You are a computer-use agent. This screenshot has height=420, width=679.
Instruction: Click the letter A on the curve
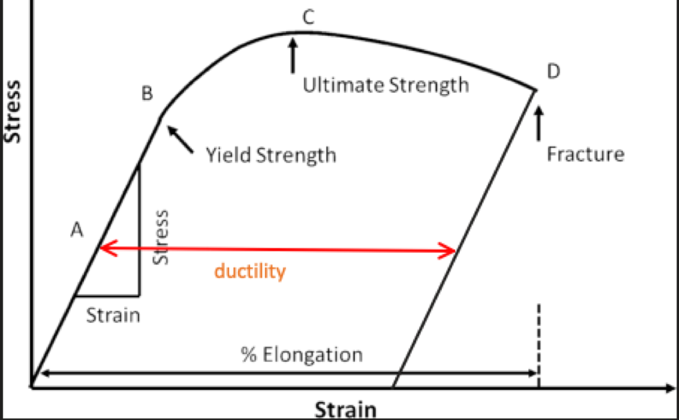tap(78, 230)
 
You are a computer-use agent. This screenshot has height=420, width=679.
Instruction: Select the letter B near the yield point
tap(147, 93)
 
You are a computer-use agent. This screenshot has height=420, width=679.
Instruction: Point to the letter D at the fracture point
tap(553, 72)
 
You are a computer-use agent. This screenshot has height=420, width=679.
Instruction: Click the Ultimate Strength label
tap(386, 85)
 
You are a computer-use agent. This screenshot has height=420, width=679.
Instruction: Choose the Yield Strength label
tap(271, 154)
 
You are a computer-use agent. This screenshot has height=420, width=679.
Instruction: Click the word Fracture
tap(586, 154)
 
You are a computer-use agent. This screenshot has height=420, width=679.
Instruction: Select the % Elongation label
tap(302, 355)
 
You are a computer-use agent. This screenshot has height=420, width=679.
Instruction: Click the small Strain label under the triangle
tap(114, 315)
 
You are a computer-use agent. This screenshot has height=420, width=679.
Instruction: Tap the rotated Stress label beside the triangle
tap(162, 237)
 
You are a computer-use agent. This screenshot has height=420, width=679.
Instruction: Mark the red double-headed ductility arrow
tap(277, 250)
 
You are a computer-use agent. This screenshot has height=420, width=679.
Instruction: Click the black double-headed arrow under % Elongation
tap(287, 372)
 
